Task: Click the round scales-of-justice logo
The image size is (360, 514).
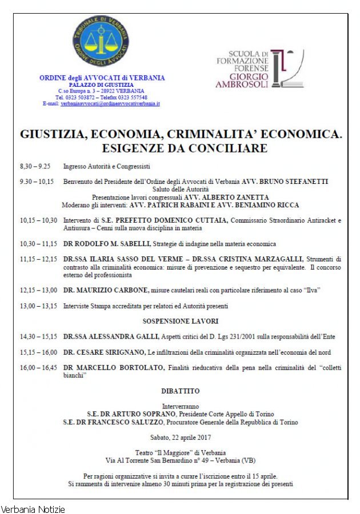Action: (x=101, y=41)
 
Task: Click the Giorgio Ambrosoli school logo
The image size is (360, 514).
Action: (x=259, y=68)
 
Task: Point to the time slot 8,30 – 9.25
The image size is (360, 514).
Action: (x=35, y=167)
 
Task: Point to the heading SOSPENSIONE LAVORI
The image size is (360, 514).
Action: (x=181, y=321)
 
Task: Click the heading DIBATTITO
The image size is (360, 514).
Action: (x=181, y=391)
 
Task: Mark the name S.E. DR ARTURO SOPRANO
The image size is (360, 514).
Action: (x=131, y=414)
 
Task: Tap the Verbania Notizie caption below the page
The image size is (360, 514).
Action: (x=33, y=508)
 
